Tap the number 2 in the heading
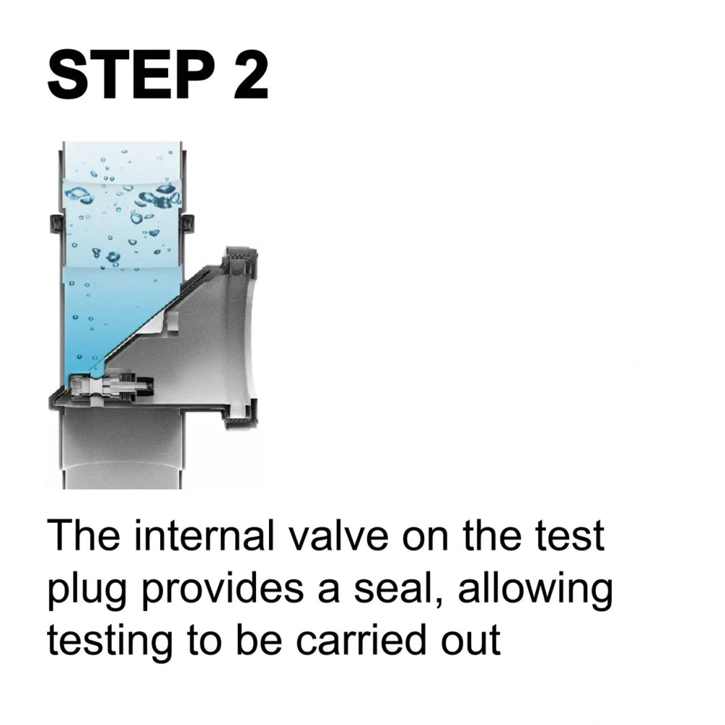pyautogui.click(x=251, y=75)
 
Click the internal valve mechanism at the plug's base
pyautogui.click(x=111, y=386)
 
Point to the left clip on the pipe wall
pyautogui.click(x=55, y=224)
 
